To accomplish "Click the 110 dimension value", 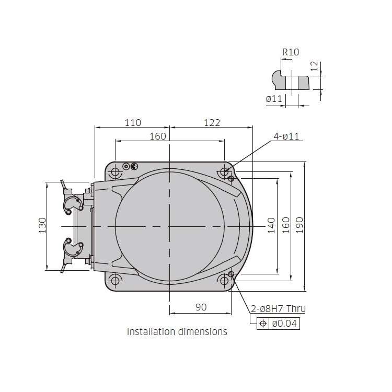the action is tap(133, 123).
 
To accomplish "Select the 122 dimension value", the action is tap(212, 123).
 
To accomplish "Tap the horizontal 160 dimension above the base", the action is tap(158, 136).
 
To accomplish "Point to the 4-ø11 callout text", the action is tap(286, 136).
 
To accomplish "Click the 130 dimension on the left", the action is tap(42, 225).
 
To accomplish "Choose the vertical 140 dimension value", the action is tap(271, 225).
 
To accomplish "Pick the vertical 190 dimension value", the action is tap(299, 225).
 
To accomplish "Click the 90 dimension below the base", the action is tap(201, 307).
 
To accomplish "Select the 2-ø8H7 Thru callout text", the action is tap(278, 309).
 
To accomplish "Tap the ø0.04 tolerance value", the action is tap(284, 323).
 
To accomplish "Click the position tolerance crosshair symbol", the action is tap(263, 324).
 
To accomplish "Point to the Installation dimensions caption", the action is tap(177, 332).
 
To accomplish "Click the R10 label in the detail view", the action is tap(291, 52).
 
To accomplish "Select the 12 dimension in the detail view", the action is tap(314, 66).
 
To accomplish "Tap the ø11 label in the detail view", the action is tap(274, 99).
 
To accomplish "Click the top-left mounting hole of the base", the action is tap(115, 172).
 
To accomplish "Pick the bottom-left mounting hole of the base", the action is tap(115, 281).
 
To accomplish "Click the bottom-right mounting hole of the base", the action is tap(224, 281).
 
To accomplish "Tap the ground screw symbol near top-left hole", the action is tap(134, 166).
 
